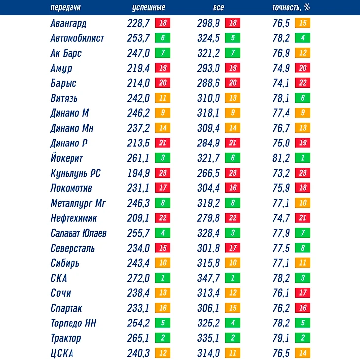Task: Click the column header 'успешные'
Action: tap(148, 8)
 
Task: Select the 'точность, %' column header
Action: tap(290, 8)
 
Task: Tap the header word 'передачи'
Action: tap(66, 8)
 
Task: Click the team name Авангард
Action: tap(69, 23)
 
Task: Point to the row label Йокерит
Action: tap(67, 158)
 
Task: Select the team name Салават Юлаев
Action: tap(78, 233)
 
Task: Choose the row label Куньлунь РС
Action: tap(75, 173)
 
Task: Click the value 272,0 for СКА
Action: tap(139, 278)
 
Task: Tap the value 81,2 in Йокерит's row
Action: tap(281, 158)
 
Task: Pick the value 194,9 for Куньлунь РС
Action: tap(139, 173)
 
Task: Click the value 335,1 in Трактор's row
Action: tap(209, 338)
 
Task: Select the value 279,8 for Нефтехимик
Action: tap(209, 218)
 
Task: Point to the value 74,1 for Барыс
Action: tap(281, 83)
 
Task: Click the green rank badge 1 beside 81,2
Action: tap(302, 158)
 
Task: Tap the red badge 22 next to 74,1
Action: tap(302, 83)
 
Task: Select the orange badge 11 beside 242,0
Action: tap(163, 98)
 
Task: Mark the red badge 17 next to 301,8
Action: tap(233, 248)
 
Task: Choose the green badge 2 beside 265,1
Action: tap(163, 338)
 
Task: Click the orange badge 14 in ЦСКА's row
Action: tap(302, 353)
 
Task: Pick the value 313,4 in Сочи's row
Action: tap(209, 293)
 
